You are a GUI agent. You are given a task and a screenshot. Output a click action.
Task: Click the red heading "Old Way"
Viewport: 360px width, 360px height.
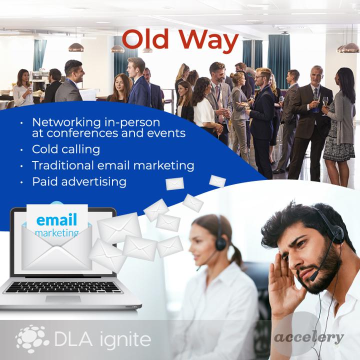[x=180, y=41]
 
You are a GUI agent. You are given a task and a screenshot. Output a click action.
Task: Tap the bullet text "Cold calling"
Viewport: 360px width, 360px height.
[x=66, y=149]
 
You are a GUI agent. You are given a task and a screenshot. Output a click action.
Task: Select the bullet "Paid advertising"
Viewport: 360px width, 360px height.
[x=79, y=182]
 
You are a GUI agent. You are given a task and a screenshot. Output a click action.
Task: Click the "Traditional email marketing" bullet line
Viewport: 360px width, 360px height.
[x=113, y=165]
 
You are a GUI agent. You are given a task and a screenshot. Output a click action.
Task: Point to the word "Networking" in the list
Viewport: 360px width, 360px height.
[x=67, y=123]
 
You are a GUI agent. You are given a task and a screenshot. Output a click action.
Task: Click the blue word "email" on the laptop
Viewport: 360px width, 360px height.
[x=56, y=219]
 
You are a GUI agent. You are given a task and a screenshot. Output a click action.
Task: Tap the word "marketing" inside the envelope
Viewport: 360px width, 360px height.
[x=57, y=233]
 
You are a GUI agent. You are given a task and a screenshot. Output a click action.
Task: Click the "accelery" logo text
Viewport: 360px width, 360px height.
[x=309, y=337]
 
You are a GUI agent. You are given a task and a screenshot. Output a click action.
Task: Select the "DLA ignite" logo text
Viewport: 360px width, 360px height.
[x=102, y=339]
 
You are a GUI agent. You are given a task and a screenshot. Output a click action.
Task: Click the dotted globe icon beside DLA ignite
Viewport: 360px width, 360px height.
[x=32, y=338]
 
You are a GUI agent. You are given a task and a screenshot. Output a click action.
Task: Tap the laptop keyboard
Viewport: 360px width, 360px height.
[x=63, y=287]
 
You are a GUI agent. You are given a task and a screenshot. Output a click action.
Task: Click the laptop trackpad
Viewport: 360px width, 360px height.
[x=63, y=298]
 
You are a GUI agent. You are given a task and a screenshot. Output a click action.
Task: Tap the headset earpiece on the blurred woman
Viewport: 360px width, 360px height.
[x=220, y=243]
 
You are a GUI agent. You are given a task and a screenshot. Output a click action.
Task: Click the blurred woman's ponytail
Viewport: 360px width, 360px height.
[x=237, y=255]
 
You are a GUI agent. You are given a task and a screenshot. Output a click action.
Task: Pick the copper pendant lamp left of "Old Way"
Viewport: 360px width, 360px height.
[x=76, y=47]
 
